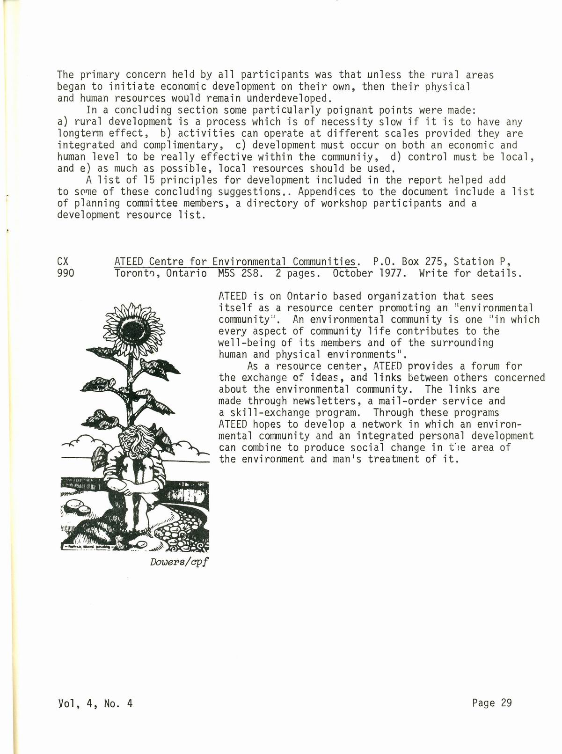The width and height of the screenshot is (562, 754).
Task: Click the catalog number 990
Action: [65, 273]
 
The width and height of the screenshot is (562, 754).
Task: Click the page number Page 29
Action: [492, 703]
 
